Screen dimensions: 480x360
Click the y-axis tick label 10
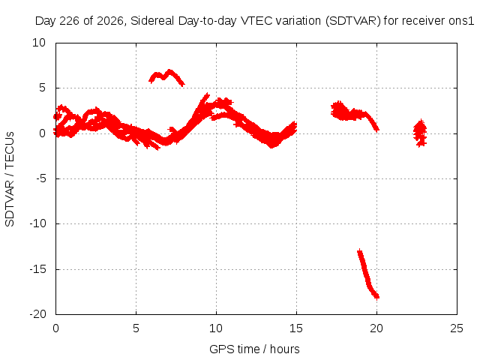[39, 43]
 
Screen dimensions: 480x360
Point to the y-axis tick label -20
[37, 314]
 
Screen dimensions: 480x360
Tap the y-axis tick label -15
[37, 269]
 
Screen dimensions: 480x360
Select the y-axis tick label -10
[37, 223]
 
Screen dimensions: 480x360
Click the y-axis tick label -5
[41, 178]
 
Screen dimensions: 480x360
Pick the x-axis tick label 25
[457, 328]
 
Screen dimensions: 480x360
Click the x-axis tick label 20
[376, 328]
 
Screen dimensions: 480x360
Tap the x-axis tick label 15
[296, 328]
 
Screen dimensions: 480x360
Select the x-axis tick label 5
[136, 328]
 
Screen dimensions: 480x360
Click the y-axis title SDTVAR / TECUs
[10, 179]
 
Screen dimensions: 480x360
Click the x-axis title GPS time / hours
[254, 349]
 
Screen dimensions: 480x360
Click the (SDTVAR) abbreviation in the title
[352, 21]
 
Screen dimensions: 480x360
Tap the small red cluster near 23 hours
[420, 133]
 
